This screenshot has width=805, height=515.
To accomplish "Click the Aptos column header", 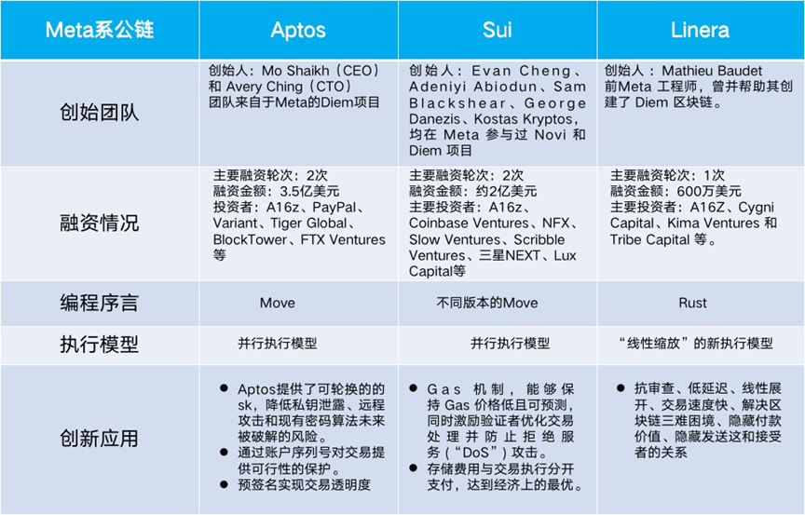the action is click(298, 30).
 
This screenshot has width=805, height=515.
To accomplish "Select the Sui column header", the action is click(497, 30).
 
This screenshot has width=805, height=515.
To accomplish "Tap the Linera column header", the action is click(700, 30).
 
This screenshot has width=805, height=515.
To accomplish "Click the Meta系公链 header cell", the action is click(100, 30).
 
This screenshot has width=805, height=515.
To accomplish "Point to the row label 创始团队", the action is click(99, 113).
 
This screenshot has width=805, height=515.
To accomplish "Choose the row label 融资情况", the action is click(99, 224).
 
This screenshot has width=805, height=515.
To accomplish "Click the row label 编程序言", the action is click(99, 303).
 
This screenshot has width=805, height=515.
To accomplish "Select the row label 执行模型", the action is click(99, 345).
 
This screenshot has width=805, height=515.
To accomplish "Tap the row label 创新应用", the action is click(99, 439).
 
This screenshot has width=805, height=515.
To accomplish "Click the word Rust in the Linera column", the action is click(692, 303).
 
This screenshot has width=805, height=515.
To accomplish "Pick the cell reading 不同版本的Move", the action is click(487, 303).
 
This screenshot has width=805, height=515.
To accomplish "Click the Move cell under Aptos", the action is click(278, 303).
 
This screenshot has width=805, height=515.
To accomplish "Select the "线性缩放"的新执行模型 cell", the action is click(696, 343).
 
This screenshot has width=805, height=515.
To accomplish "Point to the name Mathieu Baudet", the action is click(712, 71).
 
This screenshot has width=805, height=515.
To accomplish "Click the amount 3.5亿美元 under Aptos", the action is click(309, 191).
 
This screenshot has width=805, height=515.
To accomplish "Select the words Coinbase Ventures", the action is click(469, 224).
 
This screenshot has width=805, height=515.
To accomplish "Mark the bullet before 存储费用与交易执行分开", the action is click(414, 468).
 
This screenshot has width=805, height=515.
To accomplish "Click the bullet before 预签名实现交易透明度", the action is click(224, 483).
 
